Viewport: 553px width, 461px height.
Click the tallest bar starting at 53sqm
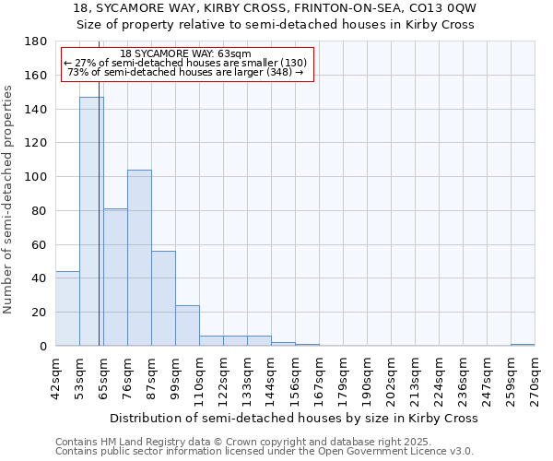(x=91, y=221)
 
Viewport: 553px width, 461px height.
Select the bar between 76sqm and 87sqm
(x=139, y=258)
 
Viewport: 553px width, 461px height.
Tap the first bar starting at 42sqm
(x=67, y=309)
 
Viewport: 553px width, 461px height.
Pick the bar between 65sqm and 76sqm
(x=115, y=277)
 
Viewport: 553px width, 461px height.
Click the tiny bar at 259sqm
(x=523, y=345)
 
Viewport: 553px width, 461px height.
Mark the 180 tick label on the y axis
(x=36, y=41)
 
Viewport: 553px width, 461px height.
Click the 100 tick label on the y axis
(x=36, y=177)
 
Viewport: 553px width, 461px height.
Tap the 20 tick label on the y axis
(x=40, y=313)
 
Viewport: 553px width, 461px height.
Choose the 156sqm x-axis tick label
(x=296, y=376)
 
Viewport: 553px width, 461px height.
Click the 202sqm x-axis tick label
(x=392, y=376)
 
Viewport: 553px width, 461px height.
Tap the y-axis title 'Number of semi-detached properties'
(x=9, y=199)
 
